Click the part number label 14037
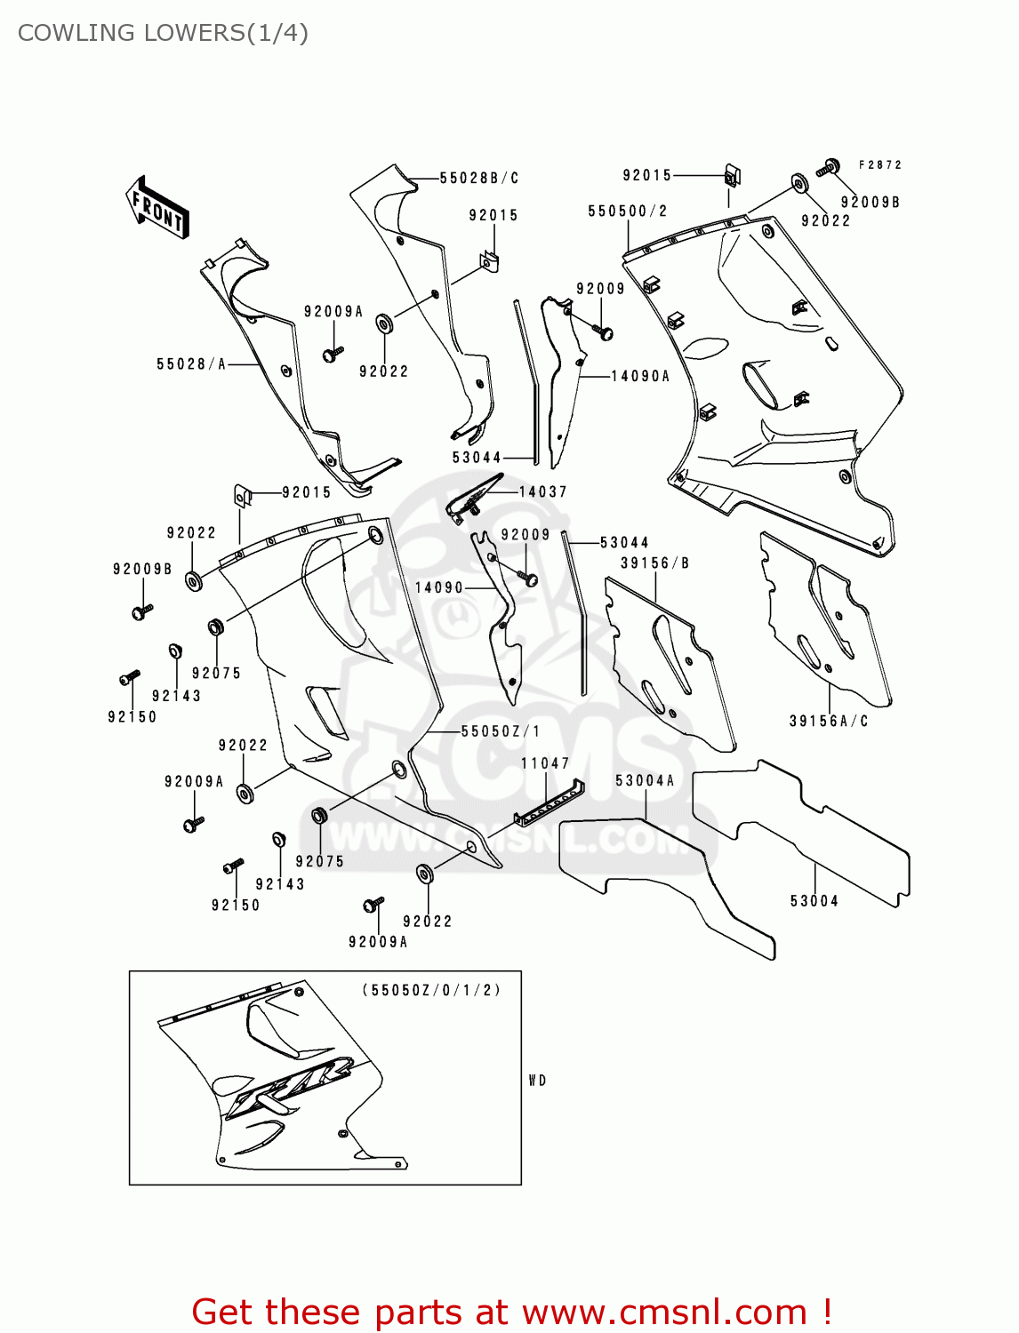click(542, 491)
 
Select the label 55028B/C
click(479, 178)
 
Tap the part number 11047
click(545, 763)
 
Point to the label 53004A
click(645, 780)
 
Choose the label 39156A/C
click(829, 721)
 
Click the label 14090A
click(640, 376)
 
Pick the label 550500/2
click(628, 211)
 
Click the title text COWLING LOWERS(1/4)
click(164, 33)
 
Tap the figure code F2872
click(880, 164)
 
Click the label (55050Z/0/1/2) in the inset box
click(431, 989)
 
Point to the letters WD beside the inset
click(537, 1081)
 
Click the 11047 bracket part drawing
click(550, 803)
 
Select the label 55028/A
click(191, 363)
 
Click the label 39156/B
click(654, 563)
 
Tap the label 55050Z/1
click(500, 730)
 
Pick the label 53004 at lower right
click(814, 900)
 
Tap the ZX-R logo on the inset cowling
click(289, 1085)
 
